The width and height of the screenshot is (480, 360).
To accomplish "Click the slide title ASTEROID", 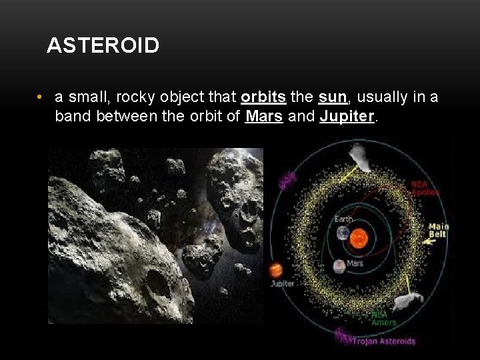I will click(103, 46).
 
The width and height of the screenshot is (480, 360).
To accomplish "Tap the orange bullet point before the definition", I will click(41, 97).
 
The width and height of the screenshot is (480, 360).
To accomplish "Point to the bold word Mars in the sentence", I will click(263, 117).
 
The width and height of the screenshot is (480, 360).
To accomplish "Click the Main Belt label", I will click(438, 231).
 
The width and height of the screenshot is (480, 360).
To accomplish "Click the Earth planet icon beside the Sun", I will click(343, 233).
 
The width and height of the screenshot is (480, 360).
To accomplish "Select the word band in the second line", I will click(71, 117).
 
